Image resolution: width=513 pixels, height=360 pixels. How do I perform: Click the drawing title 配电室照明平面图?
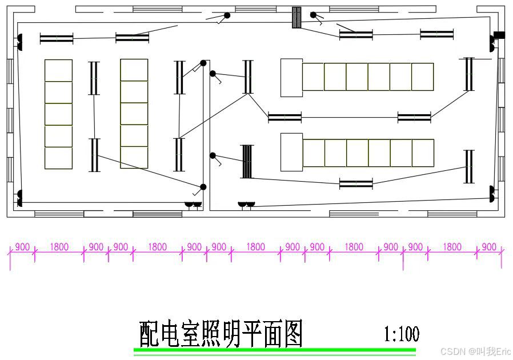pyautogui.click(x=221, y=334)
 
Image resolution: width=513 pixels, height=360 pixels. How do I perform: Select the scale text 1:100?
pyautogui.click(x=401, y=334)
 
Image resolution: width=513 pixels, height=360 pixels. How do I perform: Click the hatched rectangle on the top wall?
pyautogui.click(x=296, y=17)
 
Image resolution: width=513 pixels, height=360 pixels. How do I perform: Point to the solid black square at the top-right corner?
pyautogui.click(x=499, y=35)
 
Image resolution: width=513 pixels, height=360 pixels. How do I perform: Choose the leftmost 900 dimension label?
pyautogui.click(x=22, y=247)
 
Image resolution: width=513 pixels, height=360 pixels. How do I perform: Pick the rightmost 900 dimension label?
pyautogui.click(x=489, y=247)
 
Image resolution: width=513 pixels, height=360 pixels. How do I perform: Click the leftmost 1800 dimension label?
pyautogui.click(x=59, y=247)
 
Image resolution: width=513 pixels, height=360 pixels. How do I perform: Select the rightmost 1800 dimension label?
pyautogui.click(x=452, y=247)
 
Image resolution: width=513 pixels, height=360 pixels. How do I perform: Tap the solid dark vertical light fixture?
pyautogui.click(x=247, y=161)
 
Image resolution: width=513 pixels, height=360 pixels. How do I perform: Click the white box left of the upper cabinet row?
pyautogui.click(x=291, y=77)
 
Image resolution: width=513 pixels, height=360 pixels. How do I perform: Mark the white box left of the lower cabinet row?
pyautogui.click(x=291, y=152)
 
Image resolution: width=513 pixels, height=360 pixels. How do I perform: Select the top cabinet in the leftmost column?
pyautogui.click(x=58, y=70)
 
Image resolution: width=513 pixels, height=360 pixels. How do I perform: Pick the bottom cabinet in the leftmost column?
pyautogui.click(x=58, y=158)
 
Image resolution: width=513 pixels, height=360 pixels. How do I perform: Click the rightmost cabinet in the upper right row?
pyautogui.click(x=422, y=77)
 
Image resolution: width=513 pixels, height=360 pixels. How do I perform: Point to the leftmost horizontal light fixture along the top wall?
pyautogui.click(x=57, y=38)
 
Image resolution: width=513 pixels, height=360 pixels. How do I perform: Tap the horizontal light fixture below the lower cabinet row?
pyautogui.click(x=356, y=183)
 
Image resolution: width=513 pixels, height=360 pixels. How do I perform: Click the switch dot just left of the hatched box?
pyautogui.click(x=227, y=15)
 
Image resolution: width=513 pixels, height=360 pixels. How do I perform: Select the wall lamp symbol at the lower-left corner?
pyautogui.click(x=19, y=198)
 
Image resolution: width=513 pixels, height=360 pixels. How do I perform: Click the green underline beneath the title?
pyautogui.click(x=275, y=349)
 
